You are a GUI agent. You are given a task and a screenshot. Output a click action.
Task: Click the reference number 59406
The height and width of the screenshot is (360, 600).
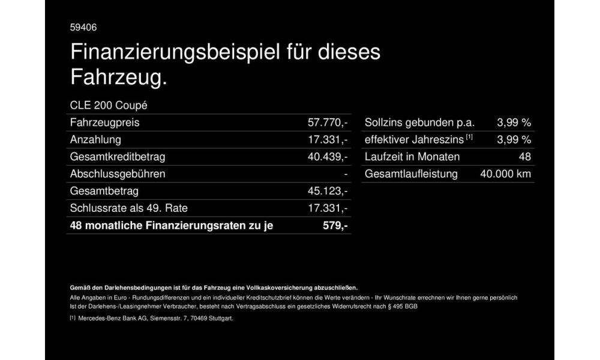(83, 27)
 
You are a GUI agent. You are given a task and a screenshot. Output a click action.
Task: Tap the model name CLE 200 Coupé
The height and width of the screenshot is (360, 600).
(109, 105)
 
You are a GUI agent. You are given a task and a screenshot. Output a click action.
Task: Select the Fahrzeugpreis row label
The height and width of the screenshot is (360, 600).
(104, 123)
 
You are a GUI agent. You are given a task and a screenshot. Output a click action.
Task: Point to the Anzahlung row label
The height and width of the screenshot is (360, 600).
(95, 140)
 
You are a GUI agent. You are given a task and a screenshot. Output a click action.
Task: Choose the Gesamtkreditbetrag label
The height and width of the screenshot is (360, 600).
(118, 157)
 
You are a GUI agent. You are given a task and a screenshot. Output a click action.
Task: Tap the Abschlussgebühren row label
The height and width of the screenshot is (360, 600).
(118, 174)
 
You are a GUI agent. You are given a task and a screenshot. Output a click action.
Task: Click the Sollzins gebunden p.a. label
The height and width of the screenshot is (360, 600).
(419, 123)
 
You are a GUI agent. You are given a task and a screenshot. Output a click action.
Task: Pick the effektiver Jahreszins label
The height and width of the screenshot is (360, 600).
(414, 140)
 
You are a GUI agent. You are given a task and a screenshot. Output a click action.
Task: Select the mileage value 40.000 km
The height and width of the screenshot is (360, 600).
(506, 174)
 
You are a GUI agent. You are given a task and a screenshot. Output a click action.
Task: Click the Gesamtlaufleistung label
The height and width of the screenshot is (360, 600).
(411, 174)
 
